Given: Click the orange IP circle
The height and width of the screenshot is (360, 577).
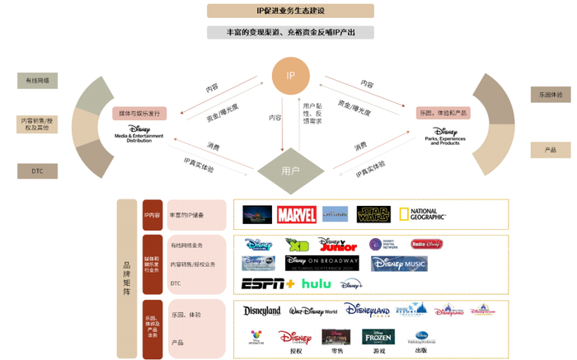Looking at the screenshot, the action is click(x=290, y=75).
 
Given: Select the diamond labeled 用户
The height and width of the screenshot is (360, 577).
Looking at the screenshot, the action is click(x=290, y=171).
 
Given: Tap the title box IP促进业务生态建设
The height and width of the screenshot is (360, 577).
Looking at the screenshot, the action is click(x=290, y=12).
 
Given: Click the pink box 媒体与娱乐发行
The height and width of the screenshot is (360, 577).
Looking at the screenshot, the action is click(x=140, y=113).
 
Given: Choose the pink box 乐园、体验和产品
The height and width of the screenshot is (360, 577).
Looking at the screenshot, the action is click(x=444, y=112).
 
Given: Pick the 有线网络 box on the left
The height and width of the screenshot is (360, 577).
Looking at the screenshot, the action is click(x=37, y=81).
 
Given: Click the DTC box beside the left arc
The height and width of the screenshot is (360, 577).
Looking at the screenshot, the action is click(x=37, y=171).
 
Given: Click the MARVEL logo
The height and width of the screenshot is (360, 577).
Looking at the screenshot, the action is click(x=297, y=215).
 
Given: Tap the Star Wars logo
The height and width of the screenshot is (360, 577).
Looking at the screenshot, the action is click(x=375, y=215).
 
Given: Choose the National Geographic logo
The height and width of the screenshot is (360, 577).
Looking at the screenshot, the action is click(x=422, y=215).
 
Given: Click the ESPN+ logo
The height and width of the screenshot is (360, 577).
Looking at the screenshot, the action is click(x=267, y=283).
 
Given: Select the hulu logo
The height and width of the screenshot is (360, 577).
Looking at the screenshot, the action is click(x=315, y=283).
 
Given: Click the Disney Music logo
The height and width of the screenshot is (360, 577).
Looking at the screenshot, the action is click(x=399, y=264).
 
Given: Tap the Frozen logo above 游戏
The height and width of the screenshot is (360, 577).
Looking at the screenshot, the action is click(x=378, y=338).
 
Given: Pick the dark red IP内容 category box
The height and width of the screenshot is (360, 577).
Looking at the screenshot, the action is click(x=152, y=215).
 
